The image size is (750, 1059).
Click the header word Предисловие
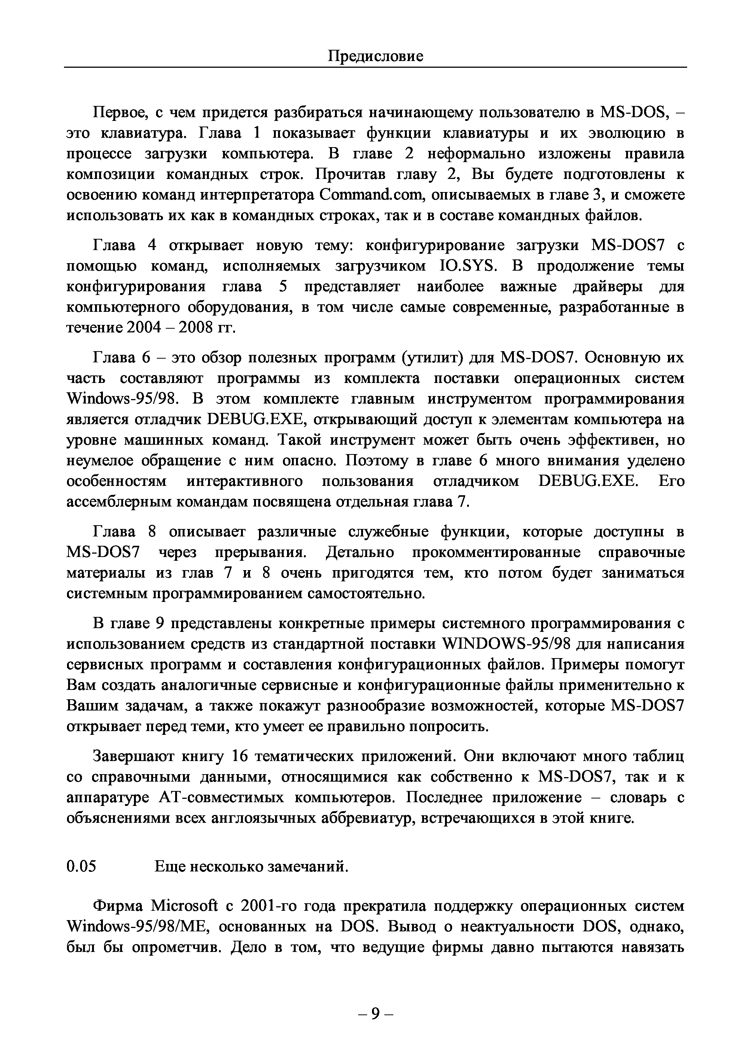pyautogui.click(x=375, y=57)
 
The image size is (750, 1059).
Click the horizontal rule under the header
pyautogui.click(x=375, y=67)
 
